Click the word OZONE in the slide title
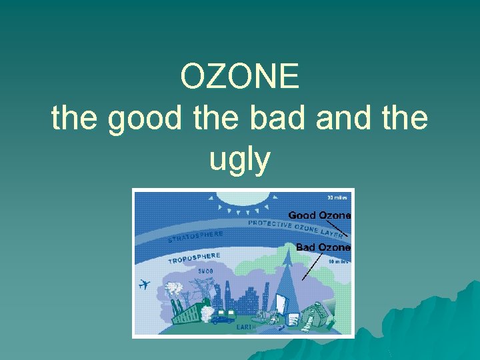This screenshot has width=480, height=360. (x=239, y=77)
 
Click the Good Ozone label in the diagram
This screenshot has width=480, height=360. (x=319, y=215)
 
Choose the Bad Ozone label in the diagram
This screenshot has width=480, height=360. (x=323, y=247)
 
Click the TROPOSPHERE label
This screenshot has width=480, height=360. (x=194, y=258)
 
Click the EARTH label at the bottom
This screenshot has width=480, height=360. (x=245, y=327)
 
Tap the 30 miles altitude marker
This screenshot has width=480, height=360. (x=337, y=197)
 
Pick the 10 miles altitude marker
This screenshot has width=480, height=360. (x=339, y=261)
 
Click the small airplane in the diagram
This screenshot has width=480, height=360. (x=144, y=285)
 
